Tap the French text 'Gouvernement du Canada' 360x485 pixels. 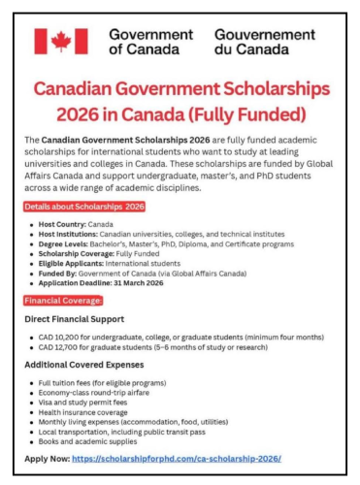pos(256,40)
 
